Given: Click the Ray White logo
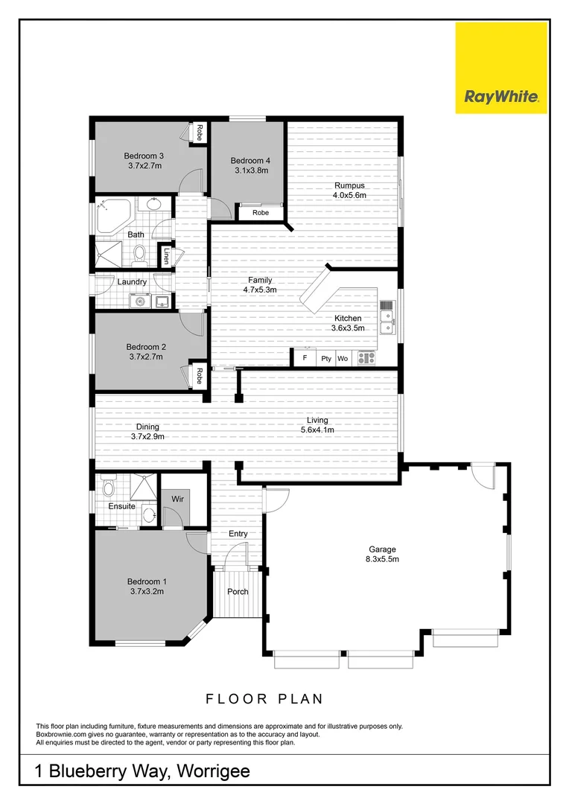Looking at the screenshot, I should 500,68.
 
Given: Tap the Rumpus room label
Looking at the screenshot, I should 349,185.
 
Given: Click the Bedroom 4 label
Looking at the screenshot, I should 250,161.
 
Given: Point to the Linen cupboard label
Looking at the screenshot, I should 165,257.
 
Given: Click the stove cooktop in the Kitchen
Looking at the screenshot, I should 366,358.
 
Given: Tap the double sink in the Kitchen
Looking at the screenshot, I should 387,321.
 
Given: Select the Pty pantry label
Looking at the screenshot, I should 325,359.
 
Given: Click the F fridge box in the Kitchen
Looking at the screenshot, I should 304,358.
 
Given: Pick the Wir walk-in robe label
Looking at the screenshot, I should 178,498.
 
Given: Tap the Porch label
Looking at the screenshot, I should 238,592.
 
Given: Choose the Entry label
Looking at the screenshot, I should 238,534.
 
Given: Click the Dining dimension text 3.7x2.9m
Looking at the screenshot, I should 147,437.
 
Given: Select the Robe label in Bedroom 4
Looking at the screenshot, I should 260,213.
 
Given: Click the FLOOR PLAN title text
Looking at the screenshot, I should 264,699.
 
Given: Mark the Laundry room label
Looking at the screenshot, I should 132,282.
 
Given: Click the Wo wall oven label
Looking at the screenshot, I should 343,359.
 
